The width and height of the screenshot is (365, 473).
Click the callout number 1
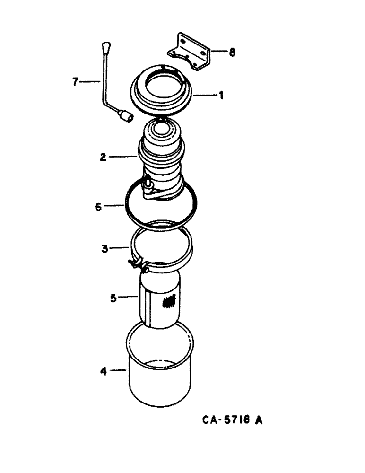click(221, 96)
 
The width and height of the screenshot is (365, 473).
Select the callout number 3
click(105, 247)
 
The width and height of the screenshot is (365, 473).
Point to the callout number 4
click(103, 371)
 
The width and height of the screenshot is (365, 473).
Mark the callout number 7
click(75, 82)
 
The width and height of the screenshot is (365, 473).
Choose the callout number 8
click(232, 53)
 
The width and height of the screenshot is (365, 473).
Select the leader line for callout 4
click(117, 371)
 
